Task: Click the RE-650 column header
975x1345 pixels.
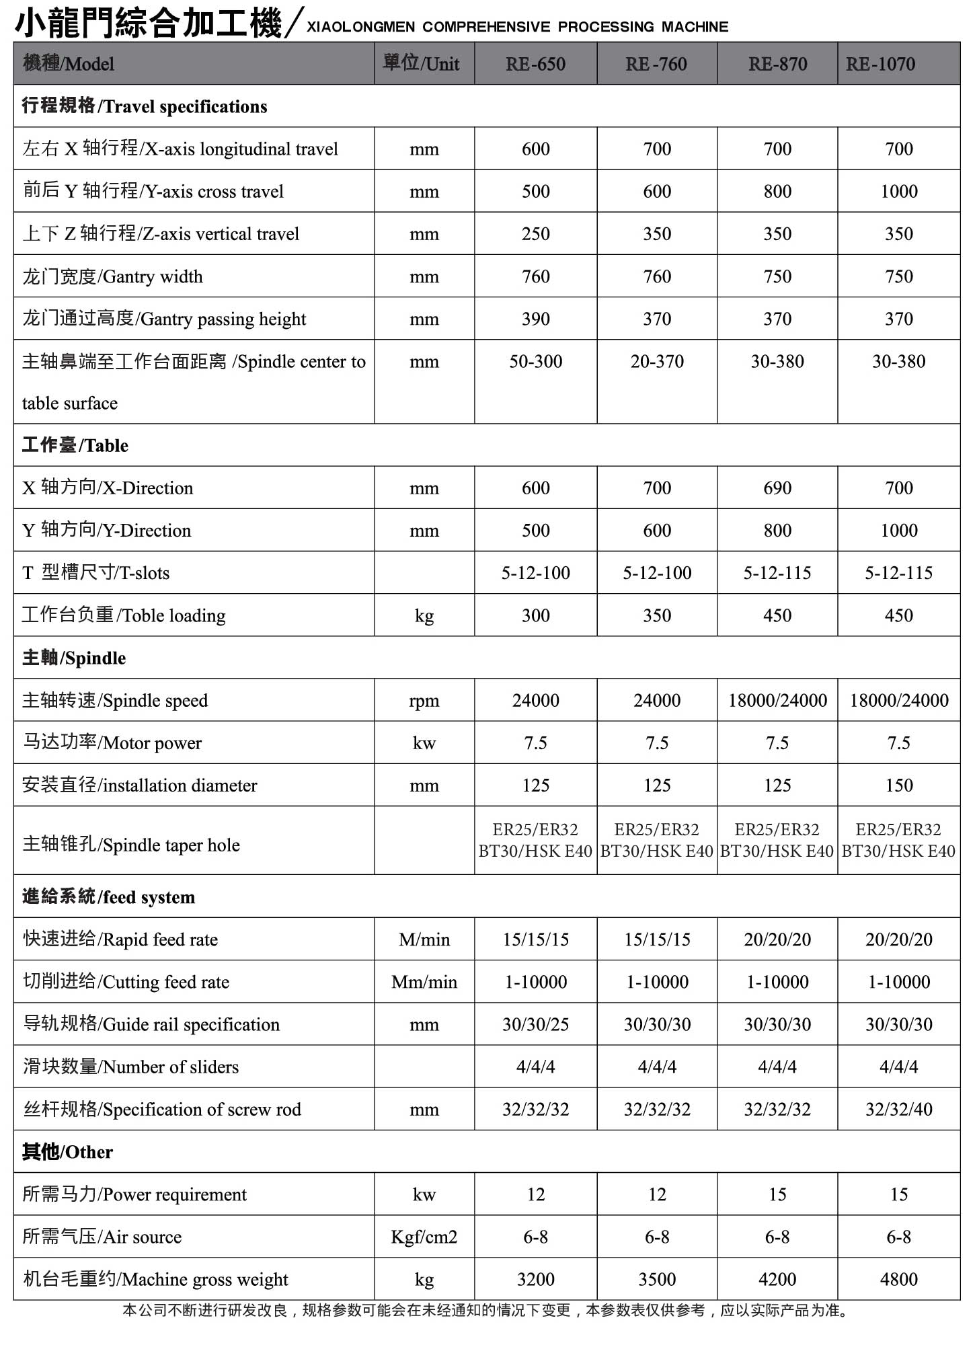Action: tap(535, 65)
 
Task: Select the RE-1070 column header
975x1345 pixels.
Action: tap(880, 65)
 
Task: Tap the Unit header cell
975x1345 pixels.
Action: tap(422, 64)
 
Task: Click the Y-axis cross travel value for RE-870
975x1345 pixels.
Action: tap(777, 192)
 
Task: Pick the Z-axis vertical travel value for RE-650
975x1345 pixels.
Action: tap(535, 234)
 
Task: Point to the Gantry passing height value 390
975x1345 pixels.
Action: tap(535, 319)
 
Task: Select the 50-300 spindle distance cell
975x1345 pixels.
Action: tap(535, 362)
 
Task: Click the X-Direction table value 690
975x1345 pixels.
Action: tap(777, 488)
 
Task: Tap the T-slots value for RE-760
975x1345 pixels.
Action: tap(656, 573)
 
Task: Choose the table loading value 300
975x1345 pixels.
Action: tap(535, 615)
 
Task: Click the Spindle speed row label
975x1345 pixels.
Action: tap(115, 701)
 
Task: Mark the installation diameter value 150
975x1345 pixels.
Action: tap(898, 785)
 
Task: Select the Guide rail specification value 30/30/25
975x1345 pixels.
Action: tap(535, 1024)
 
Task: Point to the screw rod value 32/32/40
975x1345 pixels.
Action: tap(898, 1110)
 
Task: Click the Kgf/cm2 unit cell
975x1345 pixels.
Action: tap(424, 1237)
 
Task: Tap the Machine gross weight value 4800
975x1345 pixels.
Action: tap(898, 1279)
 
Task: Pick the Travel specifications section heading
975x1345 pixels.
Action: tap(145, 106)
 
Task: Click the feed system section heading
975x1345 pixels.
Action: tap(108, 897)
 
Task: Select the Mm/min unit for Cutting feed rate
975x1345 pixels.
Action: tap(424, 982)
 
